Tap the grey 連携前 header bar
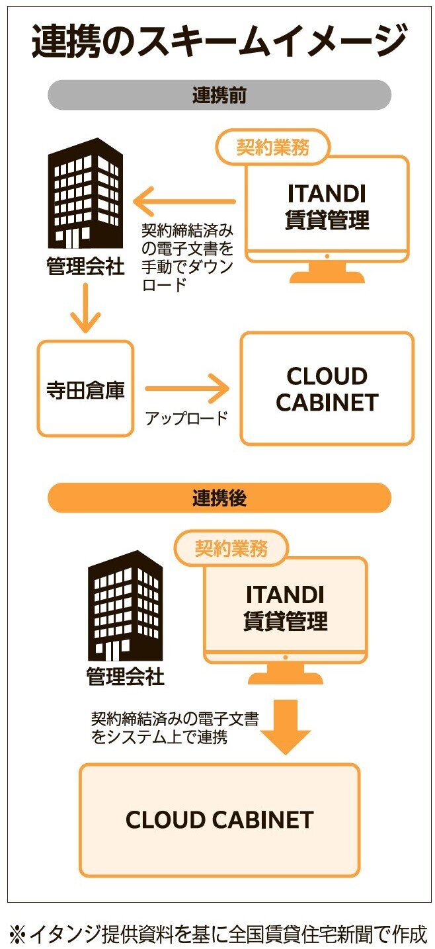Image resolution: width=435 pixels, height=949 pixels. pos(219,95)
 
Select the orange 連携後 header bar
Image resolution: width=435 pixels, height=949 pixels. pos(219,497)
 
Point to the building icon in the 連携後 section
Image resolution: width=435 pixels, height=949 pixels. pos(125,604)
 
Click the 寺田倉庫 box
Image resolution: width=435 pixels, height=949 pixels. pos(85,389)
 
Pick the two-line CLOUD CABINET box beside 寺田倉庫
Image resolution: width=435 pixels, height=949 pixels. pos(327,389)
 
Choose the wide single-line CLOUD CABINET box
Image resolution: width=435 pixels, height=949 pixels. pos(219,820)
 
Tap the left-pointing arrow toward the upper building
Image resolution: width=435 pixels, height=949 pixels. pos(184,201)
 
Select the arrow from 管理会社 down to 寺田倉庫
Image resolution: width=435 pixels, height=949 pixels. pos(85,308)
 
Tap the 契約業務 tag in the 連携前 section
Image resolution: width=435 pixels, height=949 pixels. pos(272,147)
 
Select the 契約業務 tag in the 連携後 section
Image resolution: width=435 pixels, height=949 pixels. pos(231,548)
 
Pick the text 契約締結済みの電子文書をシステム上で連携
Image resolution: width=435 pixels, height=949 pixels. pos(175,727)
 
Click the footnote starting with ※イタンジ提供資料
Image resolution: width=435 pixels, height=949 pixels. pos(218,933)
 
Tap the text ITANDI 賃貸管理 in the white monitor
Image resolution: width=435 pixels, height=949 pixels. pos(327,206)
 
